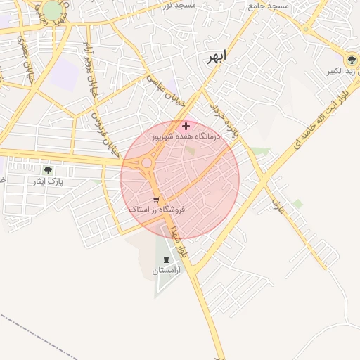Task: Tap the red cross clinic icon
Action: click(186, 125)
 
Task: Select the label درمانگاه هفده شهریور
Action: click(186, 136)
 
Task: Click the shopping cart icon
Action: click(156, 200)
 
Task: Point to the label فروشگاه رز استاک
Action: click(156, 210)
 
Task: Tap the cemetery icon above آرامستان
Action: click(166, 259)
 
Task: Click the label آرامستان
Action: click(166, 270)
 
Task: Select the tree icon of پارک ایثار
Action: click(48, 171)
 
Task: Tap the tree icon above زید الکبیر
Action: click(349, 59)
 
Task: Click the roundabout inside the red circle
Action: click(146, 165)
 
